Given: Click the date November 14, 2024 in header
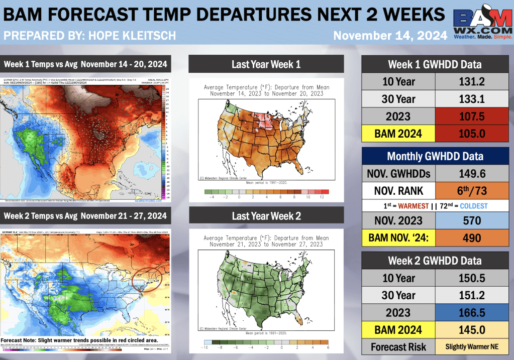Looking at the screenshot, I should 390,36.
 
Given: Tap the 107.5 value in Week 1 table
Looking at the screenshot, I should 472,117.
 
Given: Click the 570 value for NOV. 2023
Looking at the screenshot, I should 472,220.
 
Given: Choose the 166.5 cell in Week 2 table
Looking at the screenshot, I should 472,312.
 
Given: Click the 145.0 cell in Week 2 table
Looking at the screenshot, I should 472,330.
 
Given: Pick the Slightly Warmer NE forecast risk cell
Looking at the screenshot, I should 472,347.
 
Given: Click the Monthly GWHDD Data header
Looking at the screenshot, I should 435,156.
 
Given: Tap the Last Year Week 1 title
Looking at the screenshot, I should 266,64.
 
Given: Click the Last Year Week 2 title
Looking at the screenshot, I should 266,216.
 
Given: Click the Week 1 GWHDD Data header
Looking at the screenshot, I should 435,64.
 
